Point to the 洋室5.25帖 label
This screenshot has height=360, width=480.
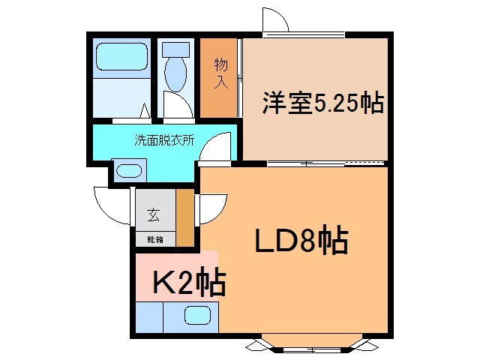coord(322,103)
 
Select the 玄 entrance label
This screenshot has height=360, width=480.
coord(153,215)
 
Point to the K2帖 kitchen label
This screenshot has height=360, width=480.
coord(189,283)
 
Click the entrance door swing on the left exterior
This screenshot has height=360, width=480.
coord(112,204)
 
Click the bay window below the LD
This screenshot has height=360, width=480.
coord(310,343)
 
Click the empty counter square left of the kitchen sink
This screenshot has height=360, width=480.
coord(149,316)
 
